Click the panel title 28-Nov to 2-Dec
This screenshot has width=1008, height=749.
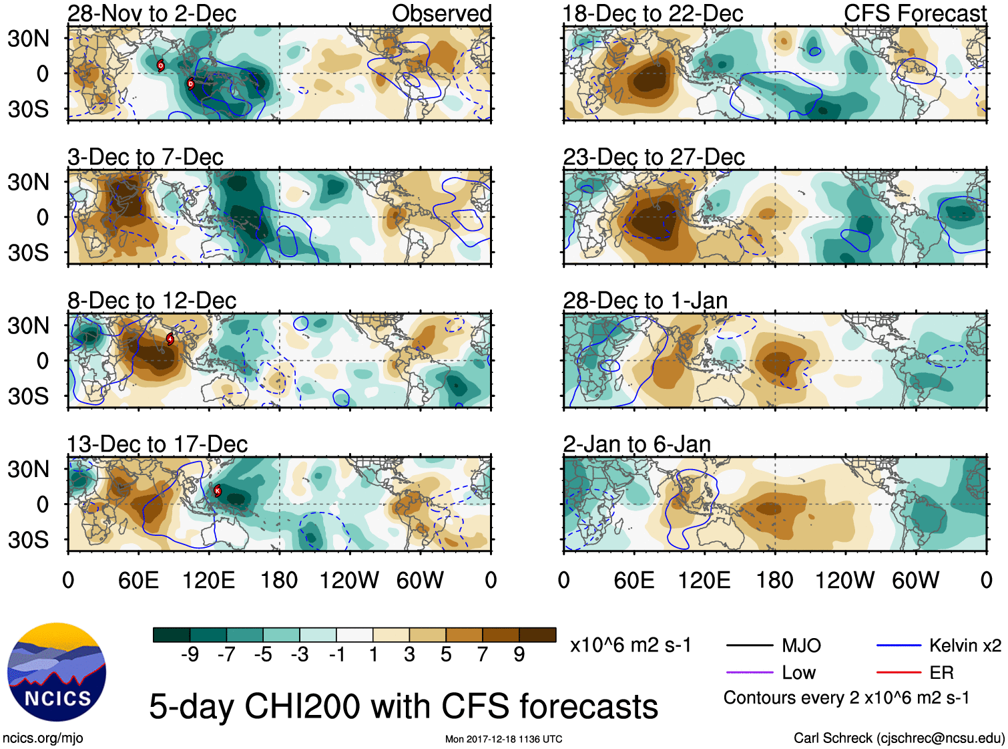click(x=152, y=13)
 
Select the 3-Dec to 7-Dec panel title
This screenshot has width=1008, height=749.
click(x=145, y=157)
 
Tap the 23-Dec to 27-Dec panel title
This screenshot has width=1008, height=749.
click(x=654, y=157)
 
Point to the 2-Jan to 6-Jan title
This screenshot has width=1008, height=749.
click(x=637, y=444)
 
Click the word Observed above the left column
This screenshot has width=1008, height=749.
click(x=441, y=13)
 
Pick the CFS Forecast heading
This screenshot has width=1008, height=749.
click(x=915, y=13)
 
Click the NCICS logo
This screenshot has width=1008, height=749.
click(x=57, y=672)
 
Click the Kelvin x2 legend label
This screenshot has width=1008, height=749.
click(x=965, y=645)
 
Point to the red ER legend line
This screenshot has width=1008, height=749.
click(x=899, y=673)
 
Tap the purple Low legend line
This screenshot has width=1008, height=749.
click(x=749, y=673)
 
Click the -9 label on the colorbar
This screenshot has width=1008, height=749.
click(x=190, y=655)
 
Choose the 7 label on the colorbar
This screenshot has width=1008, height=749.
click(x=483, y=655)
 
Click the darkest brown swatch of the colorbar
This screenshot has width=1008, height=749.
click(x=537, y=635)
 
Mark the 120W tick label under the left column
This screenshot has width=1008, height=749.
click(x=349, y=580)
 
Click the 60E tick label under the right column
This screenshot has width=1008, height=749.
click(x=634, y=580)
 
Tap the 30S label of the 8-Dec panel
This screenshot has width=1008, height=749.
click(x=28, y=396)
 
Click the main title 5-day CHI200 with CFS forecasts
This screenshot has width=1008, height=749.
click(x=403, y=707)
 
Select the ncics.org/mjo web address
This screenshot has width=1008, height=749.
click(x=43, y=738)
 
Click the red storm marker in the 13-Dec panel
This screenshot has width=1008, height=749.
click(x=217, y=490)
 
